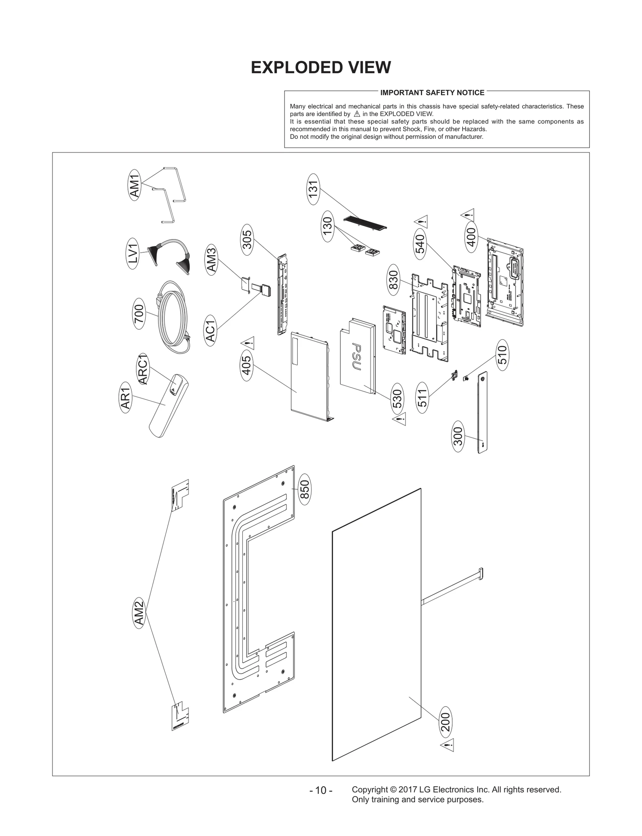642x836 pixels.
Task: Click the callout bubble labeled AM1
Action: pyautogui.click(x=135, y=185)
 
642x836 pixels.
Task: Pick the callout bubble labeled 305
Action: pyautogui.click(x=247, y=239)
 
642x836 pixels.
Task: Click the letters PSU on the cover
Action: pyautogui.click(x=356, y=356)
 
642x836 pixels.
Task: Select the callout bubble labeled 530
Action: pyautogui.click(x=397, y=399)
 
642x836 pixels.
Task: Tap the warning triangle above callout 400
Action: pyautogui.click(x=468, y=214)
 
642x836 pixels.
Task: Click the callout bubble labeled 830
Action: pyautogui.click(x=393, y=280)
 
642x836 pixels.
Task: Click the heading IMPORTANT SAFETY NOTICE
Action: pyautogui.click(x=432, y=93)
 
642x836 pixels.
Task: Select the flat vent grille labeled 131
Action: pyautogui.click(x=365, y=223)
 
